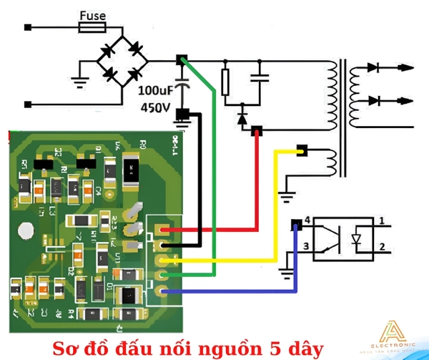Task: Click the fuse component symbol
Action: (92, 28)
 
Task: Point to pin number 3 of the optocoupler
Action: (306, 247)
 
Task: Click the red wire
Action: (214, 230)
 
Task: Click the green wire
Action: (214, 179)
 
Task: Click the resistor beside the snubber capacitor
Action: (226, 83)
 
